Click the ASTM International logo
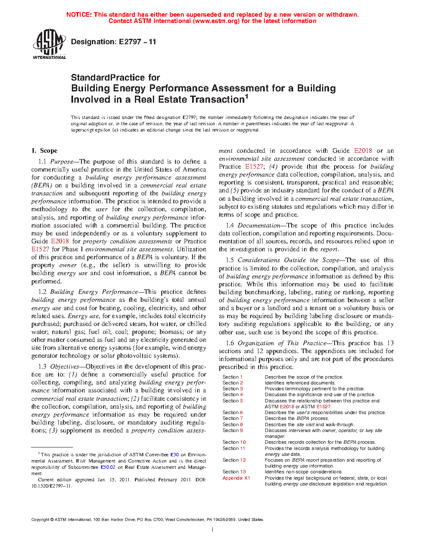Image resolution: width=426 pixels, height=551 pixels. click(49, 44)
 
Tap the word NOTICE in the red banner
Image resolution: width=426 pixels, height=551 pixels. click(79, 15)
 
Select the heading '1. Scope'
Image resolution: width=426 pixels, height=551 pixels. click(44, 151)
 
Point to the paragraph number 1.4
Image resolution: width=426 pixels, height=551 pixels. click(230, 225)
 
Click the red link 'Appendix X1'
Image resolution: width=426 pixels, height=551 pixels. click(236, 478)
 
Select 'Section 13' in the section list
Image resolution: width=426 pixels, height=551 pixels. click(234, 472)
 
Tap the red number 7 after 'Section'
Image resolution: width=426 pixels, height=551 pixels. click(241, 418)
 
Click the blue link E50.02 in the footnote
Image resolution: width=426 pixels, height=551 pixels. click(108, 467)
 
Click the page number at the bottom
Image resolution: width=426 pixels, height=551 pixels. click(213, 530)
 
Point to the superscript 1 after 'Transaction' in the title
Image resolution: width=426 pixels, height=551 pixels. click(246, 97)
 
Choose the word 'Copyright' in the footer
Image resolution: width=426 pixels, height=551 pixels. click(40, 520)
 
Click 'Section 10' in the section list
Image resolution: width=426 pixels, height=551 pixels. click(234, 442)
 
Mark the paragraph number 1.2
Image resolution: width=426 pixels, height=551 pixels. click(42, 292)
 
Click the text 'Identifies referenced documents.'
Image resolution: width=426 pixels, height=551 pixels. click(299, 383)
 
